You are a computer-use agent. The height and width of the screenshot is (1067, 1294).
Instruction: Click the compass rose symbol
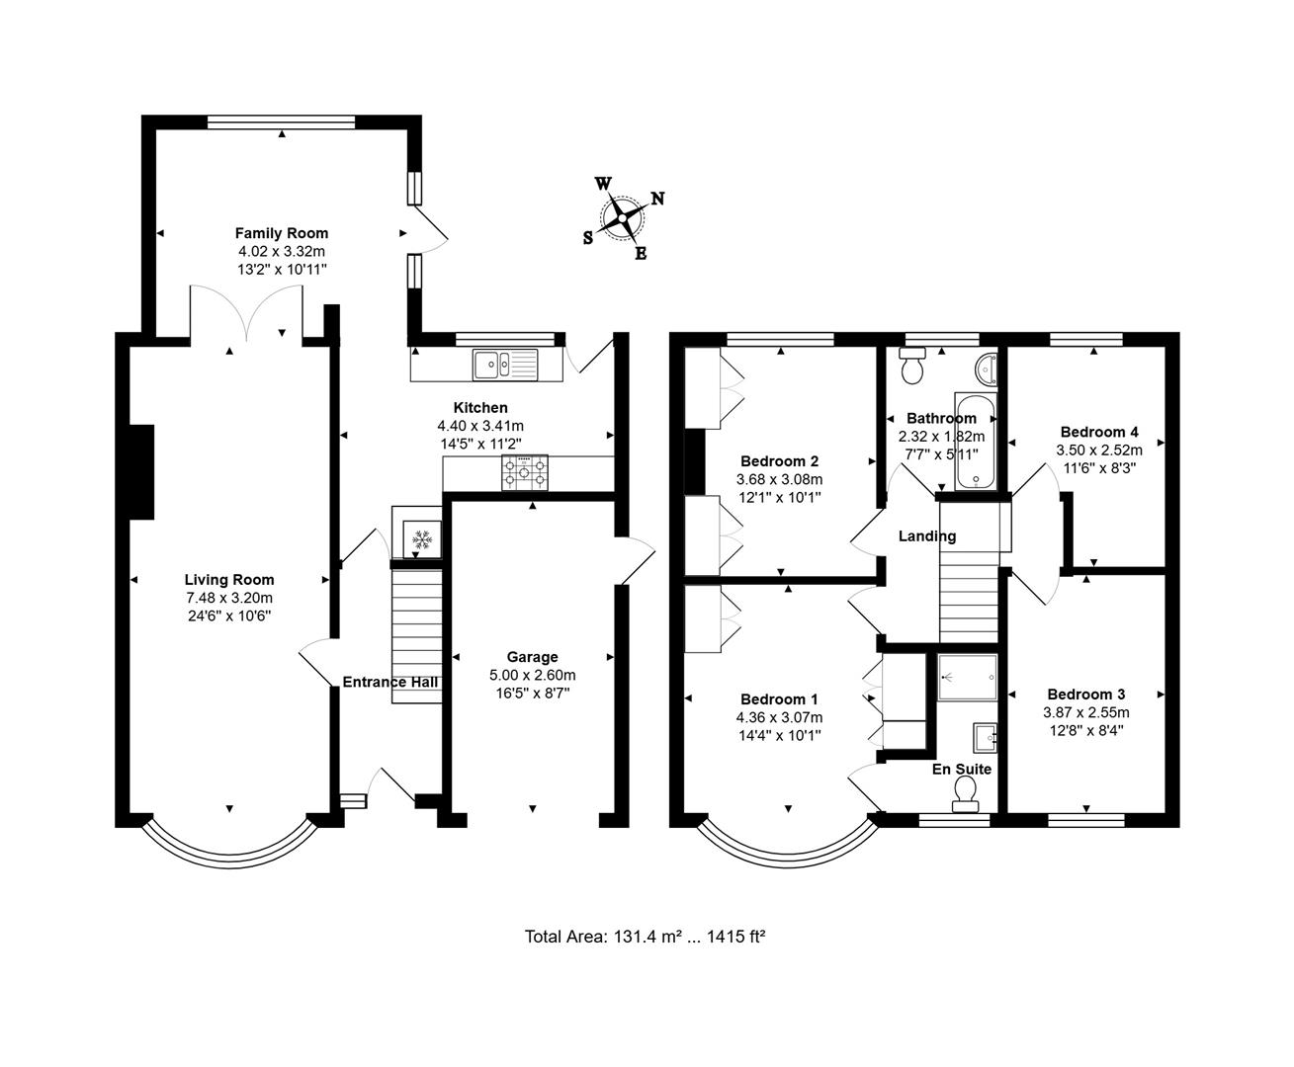[624, 217]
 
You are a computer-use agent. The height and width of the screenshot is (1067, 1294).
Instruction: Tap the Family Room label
[281, 233]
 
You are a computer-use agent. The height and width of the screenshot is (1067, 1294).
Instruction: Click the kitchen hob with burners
[525, 473]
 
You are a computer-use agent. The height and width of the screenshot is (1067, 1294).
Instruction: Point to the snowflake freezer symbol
[422, 539]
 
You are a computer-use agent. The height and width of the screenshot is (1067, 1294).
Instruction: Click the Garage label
[532, 657]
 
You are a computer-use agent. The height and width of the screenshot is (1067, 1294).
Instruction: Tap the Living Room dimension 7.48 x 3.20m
[229, 598]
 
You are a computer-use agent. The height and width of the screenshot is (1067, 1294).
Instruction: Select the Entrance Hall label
[389, 682]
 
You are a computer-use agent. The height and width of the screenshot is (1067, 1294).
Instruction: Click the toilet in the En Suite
[964, 791]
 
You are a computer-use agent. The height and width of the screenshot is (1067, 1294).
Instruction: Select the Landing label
[926, 536]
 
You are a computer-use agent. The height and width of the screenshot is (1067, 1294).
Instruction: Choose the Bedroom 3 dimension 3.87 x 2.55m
[1085, 712]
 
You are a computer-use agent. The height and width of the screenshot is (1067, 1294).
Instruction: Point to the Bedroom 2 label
[779, 461]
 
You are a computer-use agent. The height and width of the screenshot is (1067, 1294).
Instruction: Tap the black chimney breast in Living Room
[140, 471]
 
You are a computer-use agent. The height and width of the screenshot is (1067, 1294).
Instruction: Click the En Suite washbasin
[985, 736]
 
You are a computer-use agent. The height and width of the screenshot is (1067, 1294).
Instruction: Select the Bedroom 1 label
[779, 699]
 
